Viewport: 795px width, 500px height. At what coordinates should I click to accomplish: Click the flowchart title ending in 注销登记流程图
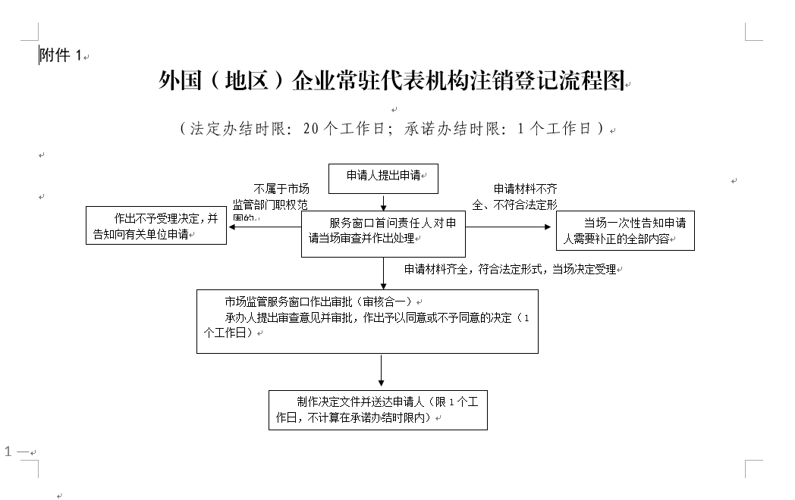click(394, 80)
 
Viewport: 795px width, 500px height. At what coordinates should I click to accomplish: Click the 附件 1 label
click(60, 55)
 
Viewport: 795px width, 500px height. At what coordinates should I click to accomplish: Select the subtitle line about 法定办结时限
click(394, 128)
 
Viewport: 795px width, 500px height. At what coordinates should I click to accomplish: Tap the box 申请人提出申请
click(384, 176)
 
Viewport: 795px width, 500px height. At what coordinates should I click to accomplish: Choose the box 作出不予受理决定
click(156, 226)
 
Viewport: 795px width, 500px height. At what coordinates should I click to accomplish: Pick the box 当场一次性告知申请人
click(625, 230)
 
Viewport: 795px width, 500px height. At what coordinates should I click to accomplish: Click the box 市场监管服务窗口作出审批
click(367, 320)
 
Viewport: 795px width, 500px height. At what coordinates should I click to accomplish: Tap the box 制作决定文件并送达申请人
click(378, 409)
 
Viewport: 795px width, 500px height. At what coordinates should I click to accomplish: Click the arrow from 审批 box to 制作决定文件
click(381, 371)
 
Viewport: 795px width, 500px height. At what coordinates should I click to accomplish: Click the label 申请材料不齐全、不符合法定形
click(515, 196)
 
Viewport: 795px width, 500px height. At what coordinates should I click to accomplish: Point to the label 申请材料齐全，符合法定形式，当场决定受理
click(511, 270)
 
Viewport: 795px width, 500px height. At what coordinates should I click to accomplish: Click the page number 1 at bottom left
click(8, 452)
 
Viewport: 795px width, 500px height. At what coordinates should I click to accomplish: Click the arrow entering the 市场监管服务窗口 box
click(384, 273)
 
